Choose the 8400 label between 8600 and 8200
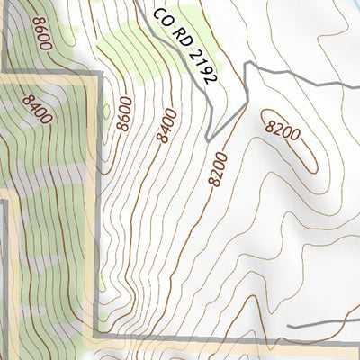[166, 124]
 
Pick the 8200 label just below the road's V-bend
[218, 168]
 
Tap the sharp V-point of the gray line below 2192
[209, 140]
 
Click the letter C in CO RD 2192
[157, 15]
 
